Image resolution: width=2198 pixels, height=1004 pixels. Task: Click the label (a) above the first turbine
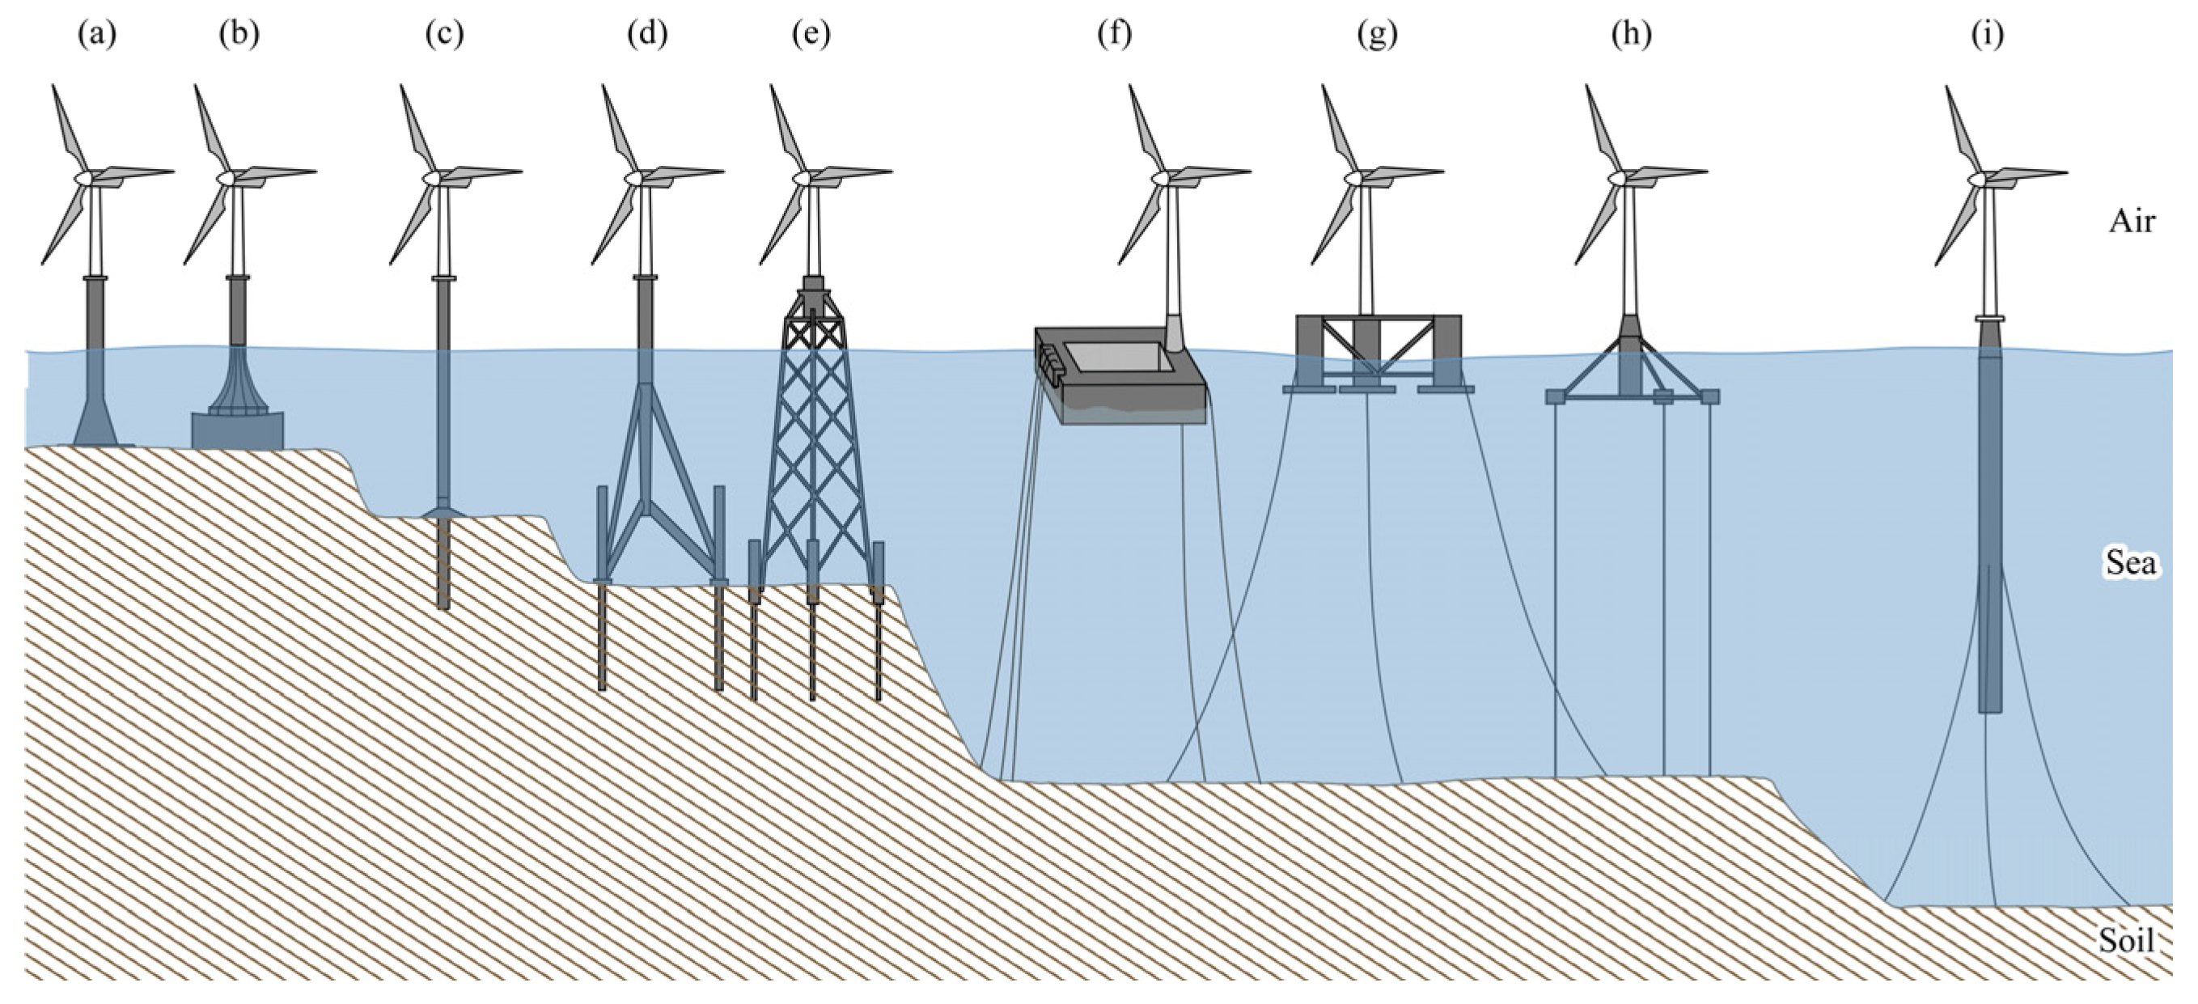click(96, 34)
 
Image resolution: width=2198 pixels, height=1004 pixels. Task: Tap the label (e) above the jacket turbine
click(811, 34)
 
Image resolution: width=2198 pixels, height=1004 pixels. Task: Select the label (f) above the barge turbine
click(1114, 34)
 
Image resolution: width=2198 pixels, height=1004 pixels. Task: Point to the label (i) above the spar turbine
click(1988, 34)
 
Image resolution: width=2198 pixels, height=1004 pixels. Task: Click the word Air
click(2132, 222)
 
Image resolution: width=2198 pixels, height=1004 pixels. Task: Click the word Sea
click(2130, 563)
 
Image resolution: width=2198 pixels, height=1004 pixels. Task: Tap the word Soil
click(2126, 940)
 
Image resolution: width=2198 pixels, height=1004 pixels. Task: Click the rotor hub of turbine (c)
click(432, 176)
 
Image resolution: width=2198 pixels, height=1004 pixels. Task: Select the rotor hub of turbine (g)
click(1354, 177)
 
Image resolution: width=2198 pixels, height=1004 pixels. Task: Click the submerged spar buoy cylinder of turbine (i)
click(1990, 529)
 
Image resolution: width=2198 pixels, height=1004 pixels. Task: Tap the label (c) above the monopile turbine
click(443, 34)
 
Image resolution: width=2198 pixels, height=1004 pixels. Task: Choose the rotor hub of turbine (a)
click(83, 176)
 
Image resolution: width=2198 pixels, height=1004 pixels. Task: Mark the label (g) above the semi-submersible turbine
click(1376, 34)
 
